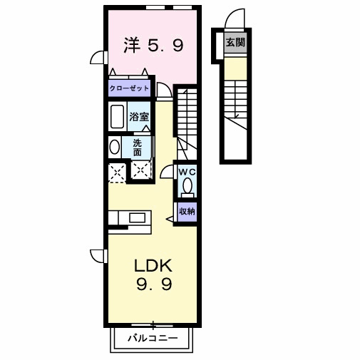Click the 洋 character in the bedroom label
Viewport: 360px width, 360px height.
pos(131,46)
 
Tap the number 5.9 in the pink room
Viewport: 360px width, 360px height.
pos(166,46)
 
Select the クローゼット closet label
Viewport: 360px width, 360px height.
pos(129,88)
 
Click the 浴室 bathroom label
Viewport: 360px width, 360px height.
pos(138,115)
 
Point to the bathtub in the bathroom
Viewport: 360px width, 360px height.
pos(117,115)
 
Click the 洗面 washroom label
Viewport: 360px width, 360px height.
pos(137,147)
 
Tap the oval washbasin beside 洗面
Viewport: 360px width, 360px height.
pos(114,147)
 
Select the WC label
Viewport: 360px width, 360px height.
pos(186,172)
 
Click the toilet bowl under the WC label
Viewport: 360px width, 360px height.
pos(187,187)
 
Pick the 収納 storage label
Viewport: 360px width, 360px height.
pos(187,211)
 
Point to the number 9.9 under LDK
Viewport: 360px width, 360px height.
pos(153,285)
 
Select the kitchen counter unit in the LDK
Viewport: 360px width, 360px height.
pos(128,217)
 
